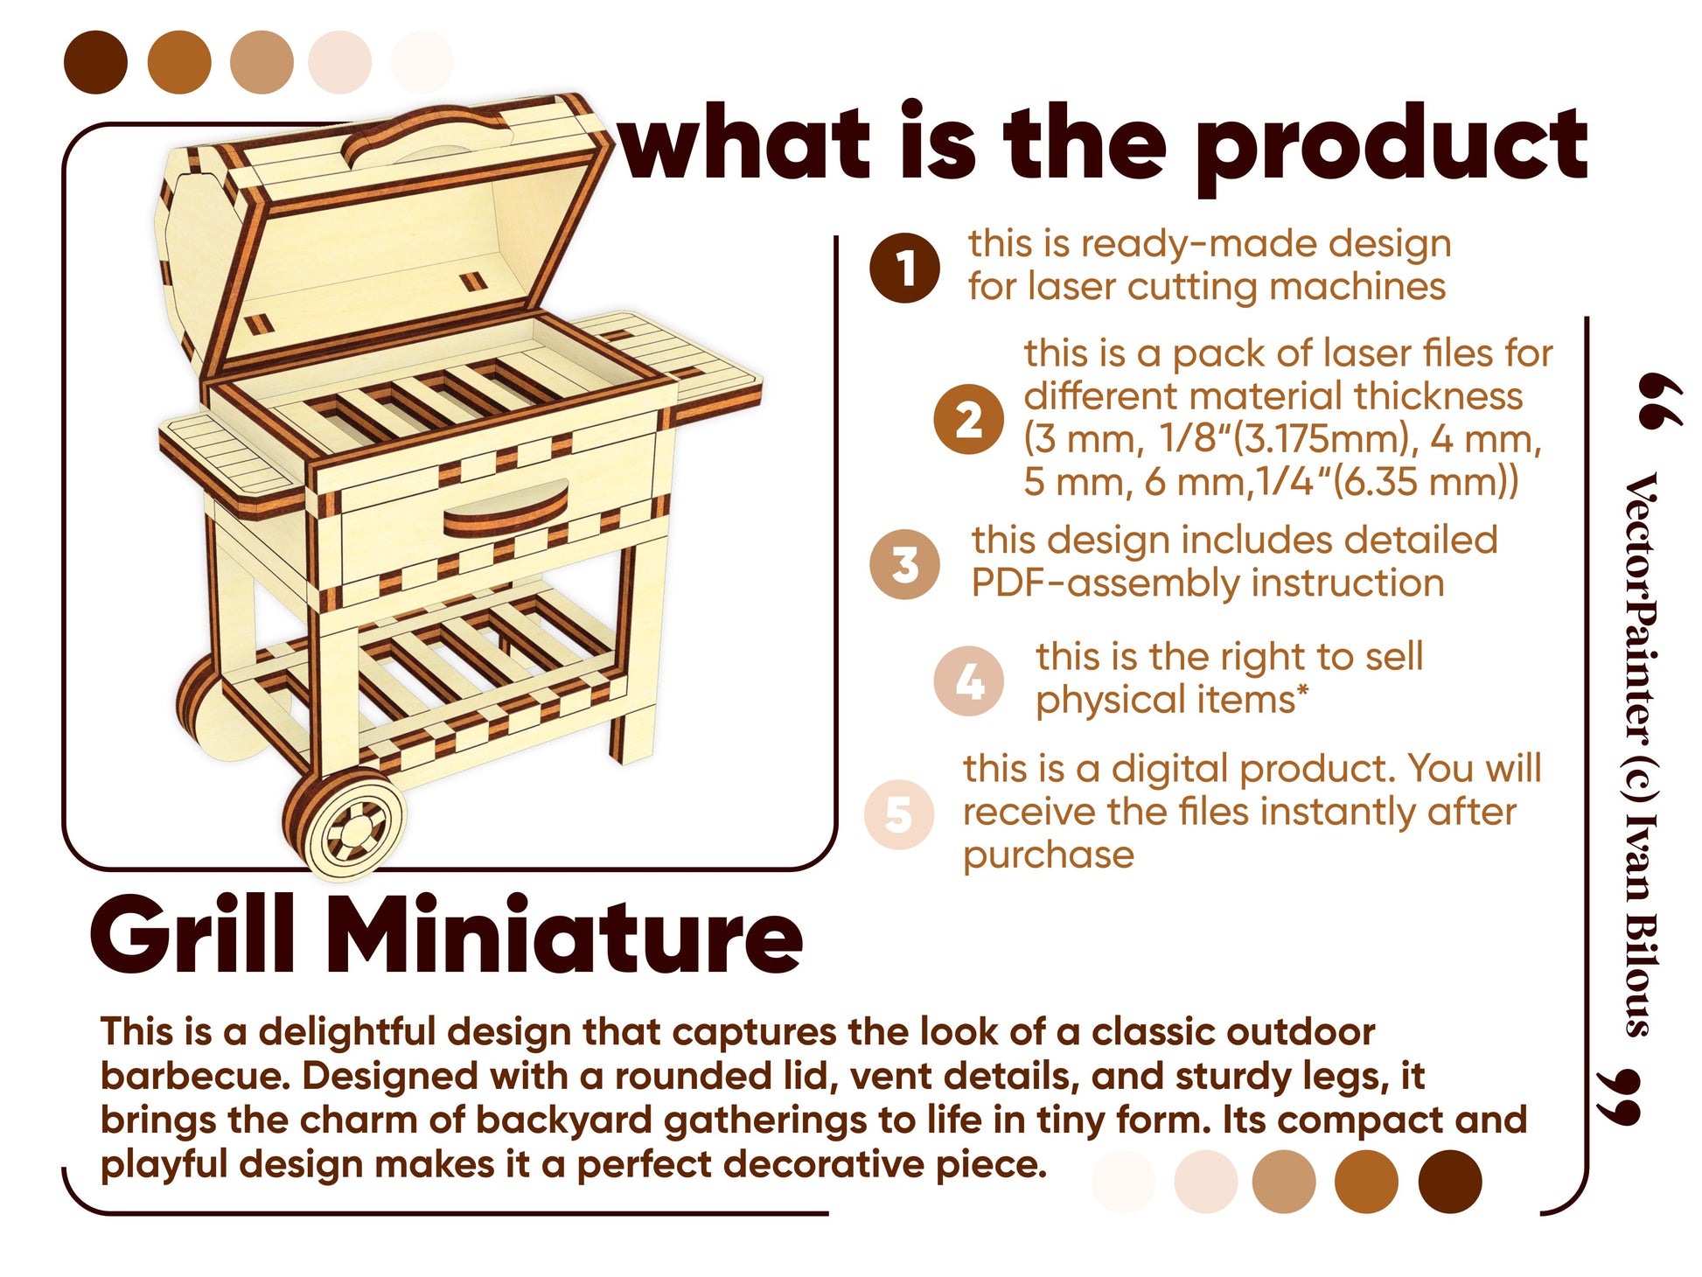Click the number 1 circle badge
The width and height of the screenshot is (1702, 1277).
[x=904, y=268]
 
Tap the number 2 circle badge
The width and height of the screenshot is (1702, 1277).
[x=967, y=419]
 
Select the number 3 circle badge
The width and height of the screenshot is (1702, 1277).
[x=904, y=564]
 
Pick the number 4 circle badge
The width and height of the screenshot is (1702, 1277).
[x=968, y=681]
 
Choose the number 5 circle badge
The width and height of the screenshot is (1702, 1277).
[x=899, y=814]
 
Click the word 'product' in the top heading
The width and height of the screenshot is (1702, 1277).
[x=1392, y=144]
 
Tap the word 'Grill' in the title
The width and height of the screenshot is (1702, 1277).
[x=193, y=935]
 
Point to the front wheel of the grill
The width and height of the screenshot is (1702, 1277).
[x=346, y=823]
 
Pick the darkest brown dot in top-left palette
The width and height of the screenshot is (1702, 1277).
[x=95, y=62]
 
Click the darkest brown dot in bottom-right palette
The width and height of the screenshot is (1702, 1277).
[x=1449, y=1182]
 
